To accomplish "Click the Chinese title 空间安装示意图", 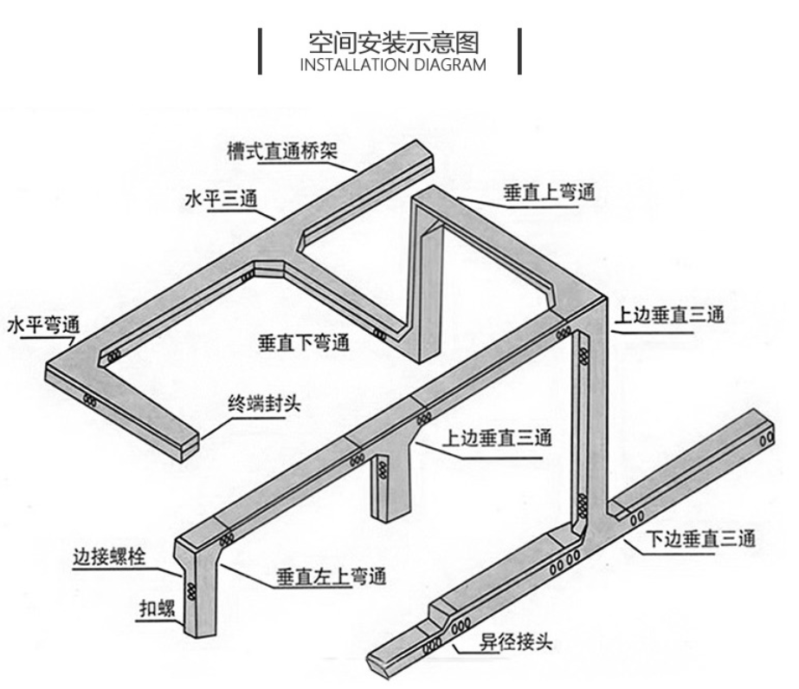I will point(394,42).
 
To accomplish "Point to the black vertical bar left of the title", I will point(261,51).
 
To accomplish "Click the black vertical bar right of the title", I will point(519,51).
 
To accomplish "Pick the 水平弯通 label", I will point(42,326).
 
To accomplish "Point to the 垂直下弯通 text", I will point(302,341).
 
